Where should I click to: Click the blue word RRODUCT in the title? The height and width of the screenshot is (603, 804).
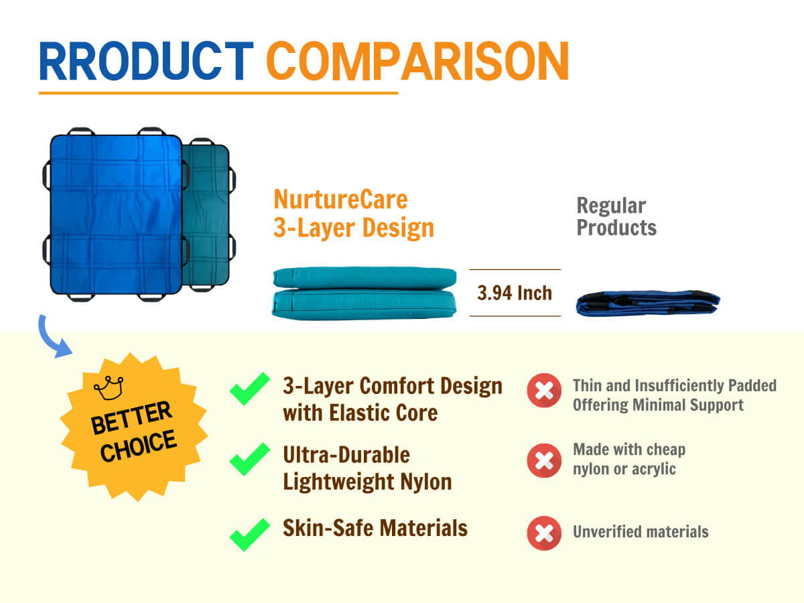146,61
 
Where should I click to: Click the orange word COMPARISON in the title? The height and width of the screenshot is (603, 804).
417,61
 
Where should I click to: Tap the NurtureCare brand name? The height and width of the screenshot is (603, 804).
340,200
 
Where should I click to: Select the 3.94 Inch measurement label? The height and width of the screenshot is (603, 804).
515,293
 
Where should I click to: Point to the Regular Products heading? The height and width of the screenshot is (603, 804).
616,216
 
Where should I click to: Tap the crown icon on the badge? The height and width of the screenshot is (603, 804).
109,388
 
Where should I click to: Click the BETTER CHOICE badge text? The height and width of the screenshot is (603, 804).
134,431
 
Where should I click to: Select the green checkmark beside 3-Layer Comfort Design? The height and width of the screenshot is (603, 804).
250,389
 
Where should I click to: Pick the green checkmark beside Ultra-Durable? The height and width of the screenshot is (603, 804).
250,459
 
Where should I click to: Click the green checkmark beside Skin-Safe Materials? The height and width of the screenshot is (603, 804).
250,535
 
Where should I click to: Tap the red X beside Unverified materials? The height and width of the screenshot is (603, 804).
544,533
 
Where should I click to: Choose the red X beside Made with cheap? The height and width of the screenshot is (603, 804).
544,460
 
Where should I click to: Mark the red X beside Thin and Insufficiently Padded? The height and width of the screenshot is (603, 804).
544,391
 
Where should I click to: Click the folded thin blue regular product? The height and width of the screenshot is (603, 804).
648,304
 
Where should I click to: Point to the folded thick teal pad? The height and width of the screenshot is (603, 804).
364,293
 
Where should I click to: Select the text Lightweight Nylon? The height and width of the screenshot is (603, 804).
367,482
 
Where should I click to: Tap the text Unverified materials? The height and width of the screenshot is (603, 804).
641,532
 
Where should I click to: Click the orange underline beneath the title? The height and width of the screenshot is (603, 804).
218,93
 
